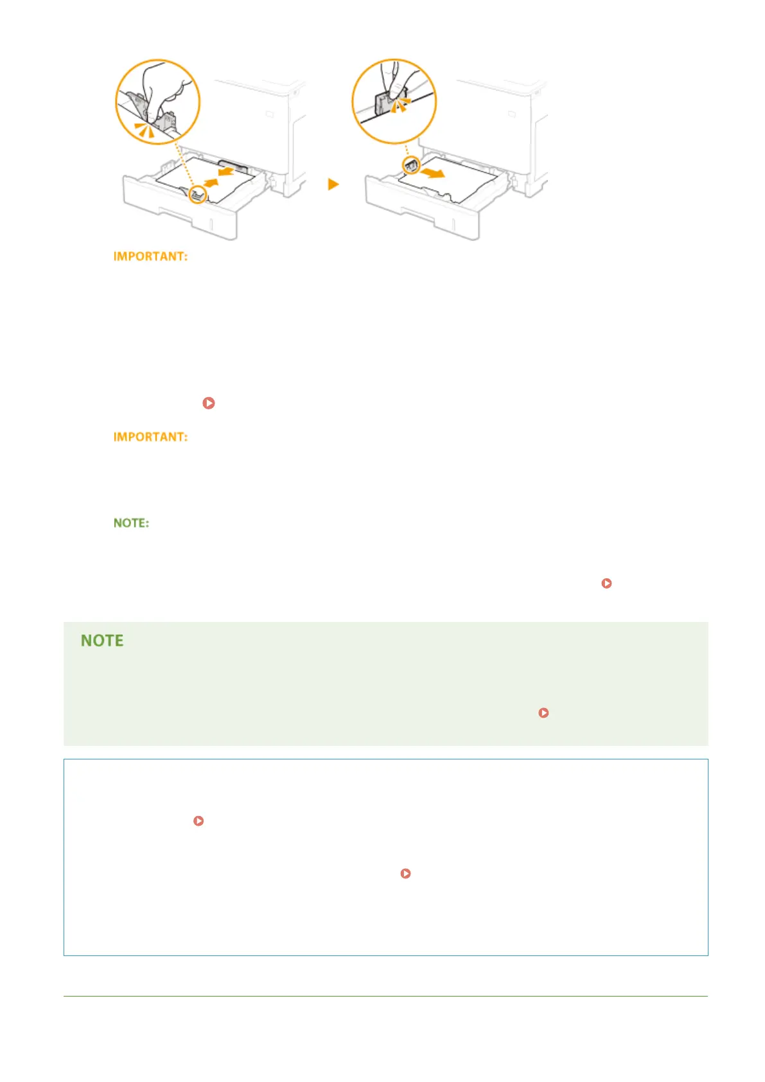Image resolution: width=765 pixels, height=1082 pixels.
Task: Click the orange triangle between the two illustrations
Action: (333, 184)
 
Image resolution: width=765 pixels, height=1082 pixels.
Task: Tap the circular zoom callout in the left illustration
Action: (157, 102)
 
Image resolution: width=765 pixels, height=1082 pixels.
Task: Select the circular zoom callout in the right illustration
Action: (394, 101)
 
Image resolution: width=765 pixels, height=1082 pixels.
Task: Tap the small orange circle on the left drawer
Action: (198, 195)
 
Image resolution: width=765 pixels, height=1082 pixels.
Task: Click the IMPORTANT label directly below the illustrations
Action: (150, 256)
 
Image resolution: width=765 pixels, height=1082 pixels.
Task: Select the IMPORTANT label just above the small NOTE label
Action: (150, 437)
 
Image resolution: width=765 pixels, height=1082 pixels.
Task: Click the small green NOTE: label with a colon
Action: (131, 523)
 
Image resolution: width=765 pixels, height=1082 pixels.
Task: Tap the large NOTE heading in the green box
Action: (102, 641)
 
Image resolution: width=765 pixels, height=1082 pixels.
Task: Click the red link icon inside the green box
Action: (543, 713)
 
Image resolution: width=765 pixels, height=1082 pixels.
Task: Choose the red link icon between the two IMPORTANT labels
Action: (208, 403)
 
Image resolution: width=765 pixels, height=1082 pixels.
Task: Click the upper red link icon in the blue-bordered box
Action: (198, 821)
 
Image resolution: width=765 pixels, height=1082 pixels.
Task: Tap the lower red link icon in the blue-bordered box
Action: (405, 874)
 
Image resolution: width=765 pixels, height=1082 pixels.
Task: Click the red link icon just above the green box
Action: (606, 583)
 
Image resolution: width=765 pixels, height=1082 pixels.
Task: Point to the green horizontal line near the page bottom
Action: (385, 997)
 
